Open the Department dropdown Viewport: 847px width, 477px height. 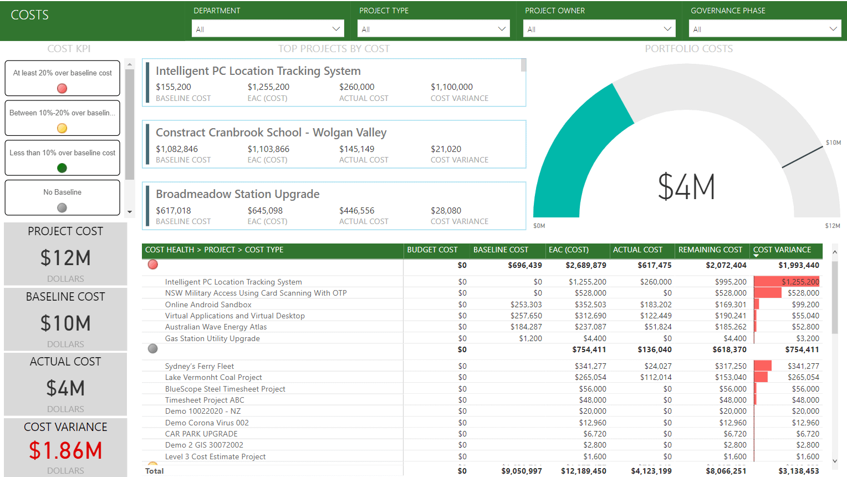[x=267, y=29]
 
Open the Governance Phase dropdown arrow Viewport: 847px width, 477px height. [x=833, y=29]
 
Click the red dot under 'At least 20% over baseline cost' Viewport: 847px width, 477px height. [x=62, y=89]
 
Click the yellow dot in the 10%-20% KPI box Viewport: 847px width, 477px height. [x=62, y=128]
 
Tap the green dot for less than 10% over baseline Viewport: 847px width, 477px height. [x=62, y=168]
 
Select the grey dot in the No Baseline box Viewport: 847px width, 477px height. [x=62, y=207]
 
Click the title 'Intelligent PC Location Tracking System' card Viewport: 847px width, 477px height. [x=258, y=71]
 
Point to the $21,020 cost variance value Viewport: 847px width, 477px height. [x=446, y=149]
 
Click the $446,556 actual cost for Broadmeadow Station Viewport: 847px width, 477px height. [x=356, y=211]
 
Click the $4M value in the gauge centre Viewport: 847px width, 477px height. [x=686, y=187]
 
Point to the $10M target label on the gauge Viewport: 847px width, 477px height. [x=833, y=143]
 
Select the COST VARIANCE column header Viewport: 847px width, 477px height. [x=782, y=250]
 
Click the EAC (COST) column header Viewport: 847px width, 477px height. [x=568, y=250]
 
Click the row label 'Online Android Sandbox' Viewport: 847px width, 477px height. [x=208, y=305]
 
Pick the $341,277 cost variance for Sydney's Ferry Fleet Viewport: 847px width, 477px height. [x=803, y=366]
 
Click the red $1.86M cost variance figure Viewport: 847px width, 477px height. [x=65, y=450]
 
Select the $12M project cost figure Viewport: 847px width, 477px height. [x=65, y=258]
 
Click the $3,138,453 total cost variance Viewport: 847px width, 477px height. [x=798, y=471]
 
